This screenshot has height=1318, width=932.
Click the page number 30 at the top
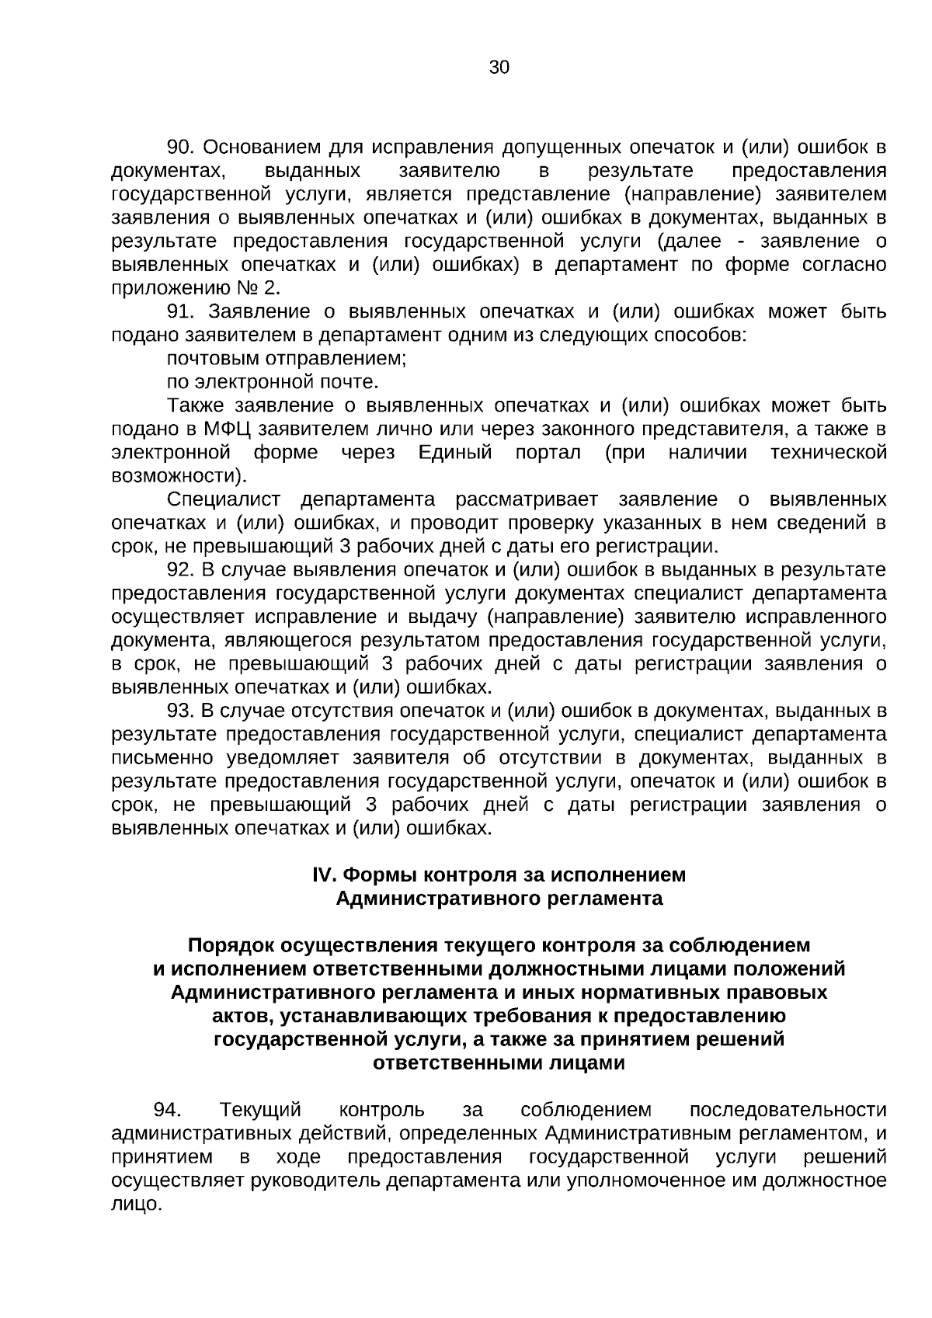click(x=499, y=68)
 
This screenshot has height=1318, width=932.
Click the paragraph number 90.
click(x=181, y=147)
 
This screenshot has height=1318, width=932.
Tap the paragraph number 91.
click(x=181, y=311)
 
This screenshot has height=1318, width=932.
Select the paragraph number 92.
click(x=181, y=570)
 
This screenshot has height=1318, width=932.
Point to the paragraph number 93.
click(x=181, y=711)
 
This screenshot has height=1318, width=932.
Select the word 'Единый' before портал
click(x=455, y=452)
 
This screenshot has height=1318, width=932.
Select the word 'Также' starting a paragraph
click(x=195, y=405)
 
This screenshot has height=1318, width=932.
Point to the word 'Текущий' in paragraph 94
click(x=260, y=1109)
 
